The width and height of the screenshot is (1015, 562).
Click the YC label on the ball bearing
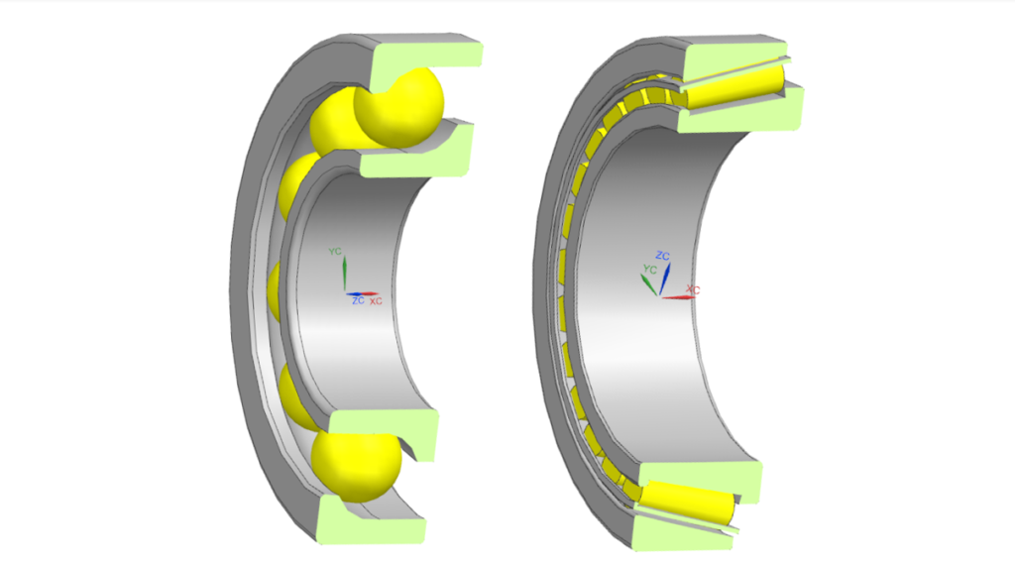pyautogui.click(x=335, y=252)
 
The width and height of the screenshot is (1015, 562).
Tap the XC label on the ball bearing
pyautogui.click(x=376, y=300)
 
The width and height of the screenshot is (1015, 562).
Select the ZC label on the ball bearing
pyautogui.click(x=357, y=300)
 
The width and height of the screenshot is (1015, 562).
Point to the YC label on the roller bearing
pyautogui.click(x=649, y=269)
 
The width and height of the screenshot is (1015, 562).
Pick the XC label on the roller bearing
pyautogui.click(x=693, y=289)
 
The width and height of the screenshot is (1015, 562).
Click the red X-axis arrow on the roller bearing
pyautogui.click(x=678, y=296)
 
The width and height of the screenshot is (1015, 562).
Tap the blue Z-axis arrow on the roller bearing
pyautogui.click(x=667, y=277)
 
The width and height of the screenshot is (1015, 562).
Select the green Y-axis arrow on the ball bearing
pyautogui.click(x=342, y=274)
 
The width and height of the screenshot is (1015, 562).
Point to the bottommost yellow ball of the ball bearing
pyautogui.click(x=355, y=466)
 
